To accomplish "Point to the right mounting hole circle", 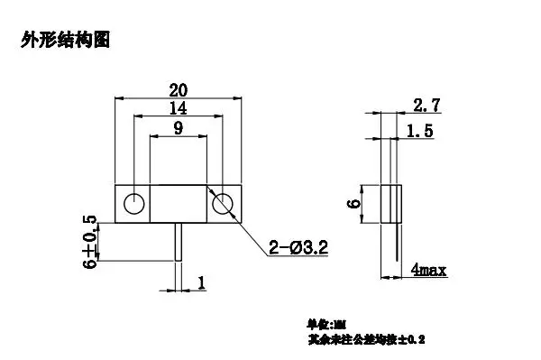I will tap(222, 204).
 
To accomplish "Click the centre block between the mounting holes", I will tap(178, 204).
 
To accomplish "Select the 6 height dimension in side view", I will tap(354, 204).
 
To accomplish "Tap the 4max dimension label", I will tap(428, 269).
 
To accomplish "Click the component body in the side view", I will tap(390, 204).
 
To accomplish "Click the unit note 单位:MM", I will tap(326, 323).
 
